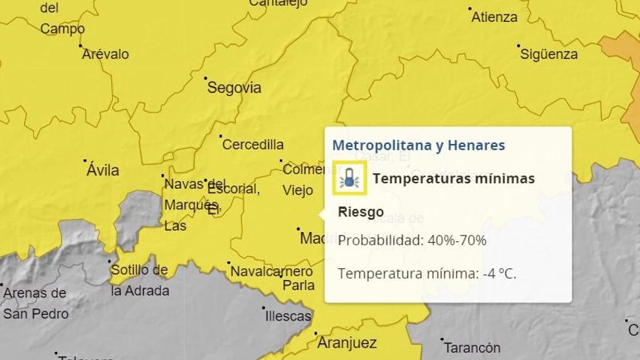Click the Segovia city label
234,88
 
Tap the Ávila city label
103,171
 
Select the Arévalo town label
105,54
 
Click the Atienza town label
495,17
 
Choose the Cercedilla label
253,145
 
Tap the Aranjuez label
346,343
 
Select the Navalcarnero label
271,272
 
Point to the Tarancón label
472,348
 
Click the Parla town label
298,285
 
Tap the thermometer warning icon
350,179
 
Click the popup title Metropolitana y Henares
418,145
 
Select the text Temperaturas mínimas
454,179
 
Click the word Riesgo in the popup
361,212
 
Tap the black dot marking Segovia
206,78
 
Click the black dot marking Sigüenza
519,46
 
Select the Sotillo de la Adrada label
140,280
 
